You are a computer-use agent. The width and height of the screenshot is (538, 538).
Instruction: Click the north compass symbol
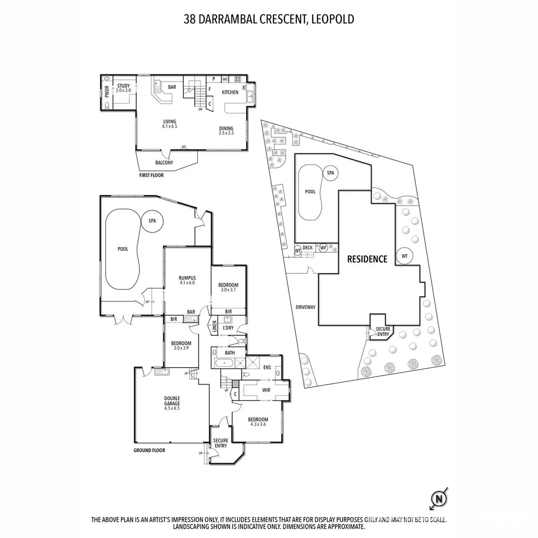pos(439,498)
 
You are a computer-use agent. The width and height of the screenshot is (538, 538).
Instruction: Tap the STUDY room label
pos(124,88)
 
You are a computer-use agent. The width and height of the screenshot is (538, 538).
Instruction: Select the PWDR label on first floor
pos(107,92)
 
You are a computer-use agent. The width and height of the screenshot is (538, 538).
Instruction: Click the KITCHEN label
pos(230,92)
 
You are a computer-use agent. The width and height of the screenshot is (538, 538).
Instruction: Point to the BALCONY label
pos(164,162)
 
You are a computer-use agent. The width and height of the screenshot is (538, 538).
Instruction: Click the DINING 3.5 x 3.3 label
pos(226,131)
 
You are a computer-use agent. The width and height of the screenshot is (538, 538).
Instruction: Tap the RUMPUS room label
pos(187,280)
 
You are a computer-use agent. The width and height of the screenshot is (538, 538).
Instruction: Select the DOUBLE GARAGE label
pos(172,403)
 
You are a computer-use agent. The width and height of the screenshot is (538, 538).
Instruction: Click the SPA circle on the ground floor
pos(152,221)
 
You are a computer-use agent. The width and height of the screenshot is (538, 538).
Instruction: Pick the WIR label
pos(266,390)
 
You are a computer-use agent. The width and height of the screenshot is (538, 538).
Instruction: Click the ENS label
pos(268,367)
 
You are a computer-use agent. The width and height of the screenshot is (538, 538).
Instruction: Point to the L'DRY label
pos(228,328)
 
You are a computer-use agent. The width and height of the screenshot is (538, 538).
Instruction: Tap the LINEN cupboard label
pos(214,326)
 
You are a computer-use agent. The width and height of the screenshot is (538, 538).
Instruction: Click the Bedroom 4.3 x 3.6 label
pos(258,422)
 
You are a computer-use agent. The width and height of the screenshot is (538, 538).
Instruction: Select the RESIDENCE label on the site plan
pos(367,259)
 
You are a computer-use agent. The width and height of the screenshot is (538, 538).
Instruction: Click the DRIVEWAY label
pos(305,307)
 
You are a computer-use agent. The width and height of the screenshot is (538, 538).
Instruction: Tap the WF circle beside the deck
pos(323,248)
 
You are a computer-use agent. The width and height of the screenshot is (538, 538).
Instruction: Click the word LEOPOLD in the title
pos(333,19)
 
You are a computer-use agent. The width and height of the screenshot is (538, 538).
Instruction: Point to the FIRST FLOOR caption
pos(151,175)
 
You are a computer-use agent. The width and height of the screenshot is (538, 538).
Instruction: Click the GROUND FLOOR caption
pos(149,450)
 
